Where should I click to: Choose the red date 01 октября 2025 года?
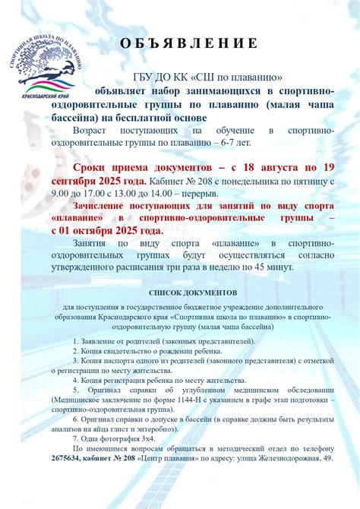[114, 229]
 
